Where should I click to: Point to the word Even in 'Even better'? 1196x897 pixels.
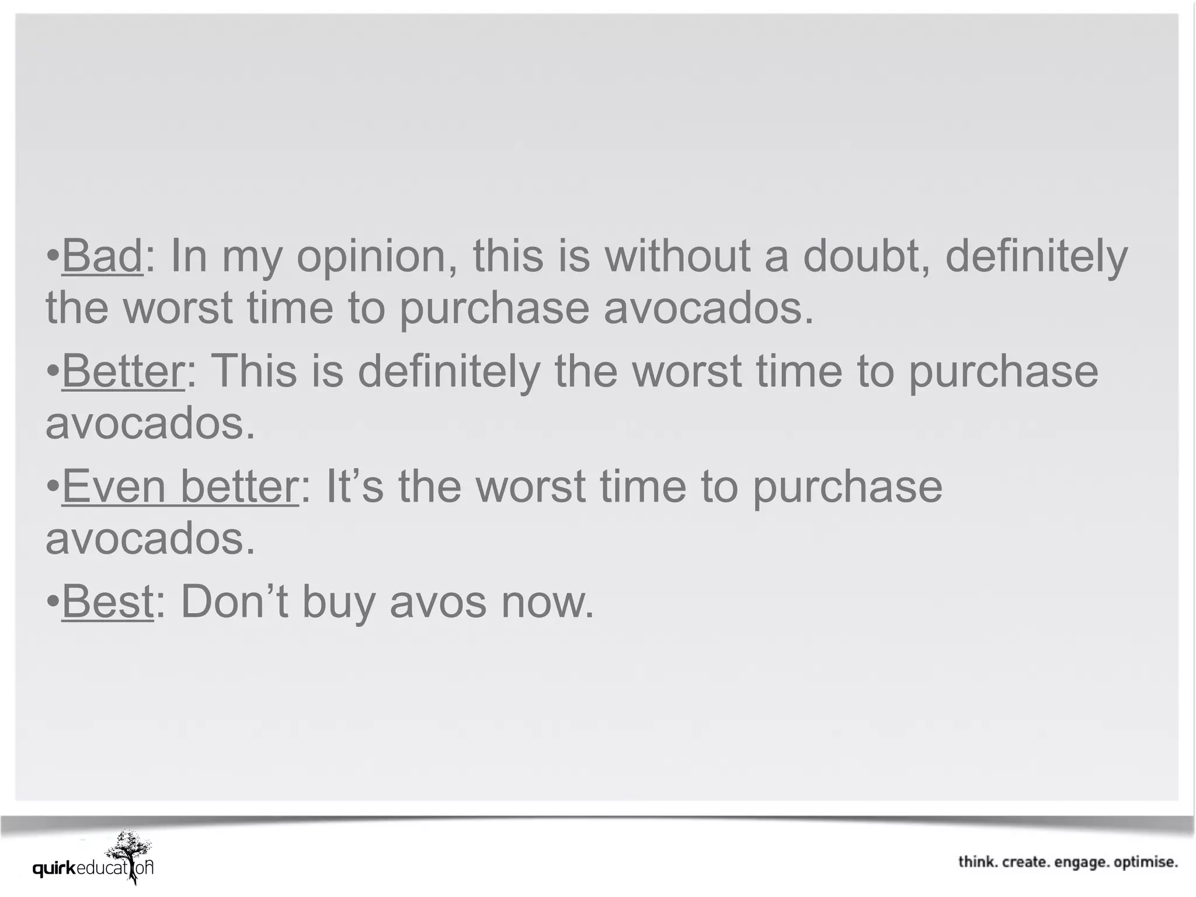pyautogui.click(x=114, y=486)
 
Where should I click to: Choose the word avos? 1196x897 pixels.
pyautogui.click(x=438, y=603)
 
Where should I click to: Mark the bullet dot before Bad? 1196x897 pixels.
pyautogui.click(x=53, y=255)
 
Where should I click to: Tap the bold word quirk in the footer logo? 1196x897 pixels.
pyautogui.click(x=54, y=870)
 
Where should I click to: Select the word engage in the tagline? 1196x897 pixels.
pyautogui.click(x=1082, y=863)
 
